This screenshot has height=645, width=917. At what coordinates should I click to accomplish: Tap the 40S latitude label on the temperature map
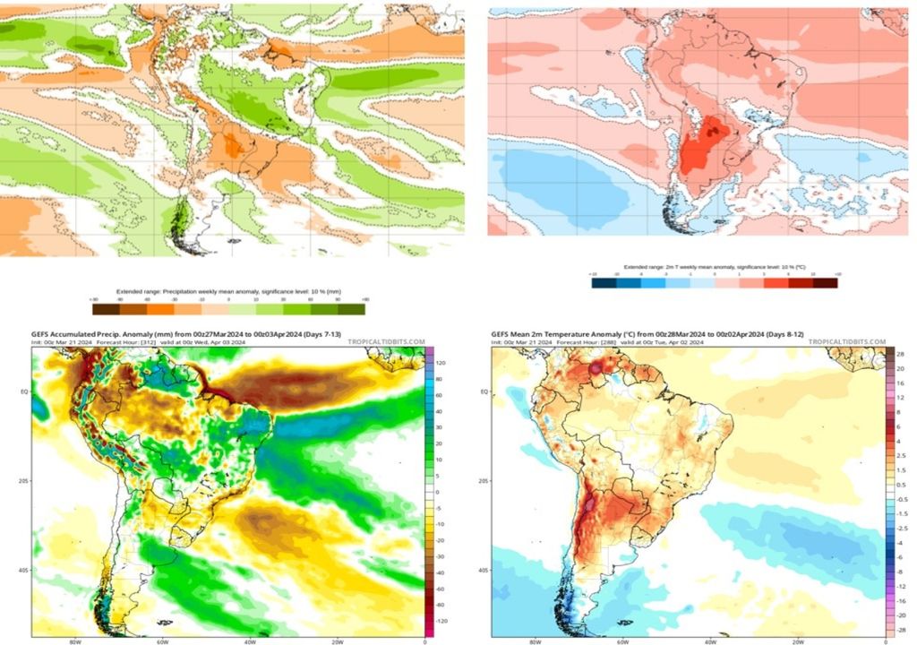(x=483, y=569)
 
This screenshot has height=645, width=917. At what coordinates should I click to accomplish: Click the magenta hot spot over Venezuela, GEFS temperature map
(x=596, y=368)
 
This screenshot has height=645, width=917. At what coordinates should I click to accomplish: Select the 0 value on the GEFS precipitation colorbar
(x=439, y=492)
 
